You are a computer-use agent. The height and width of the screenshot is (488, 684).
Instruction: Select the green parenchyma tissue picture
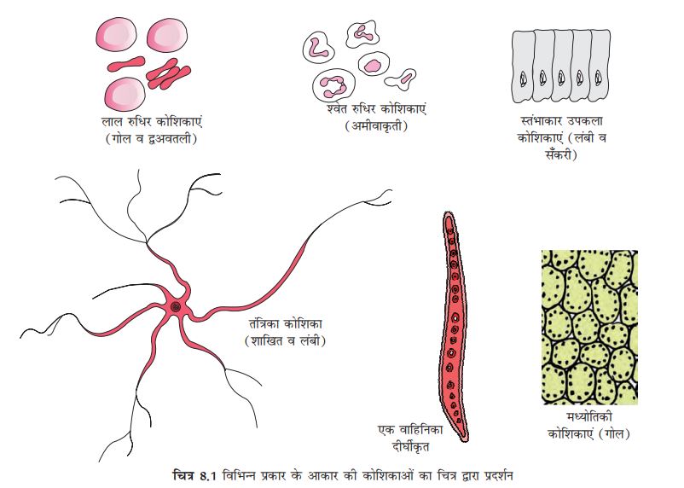pos(589,327)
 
